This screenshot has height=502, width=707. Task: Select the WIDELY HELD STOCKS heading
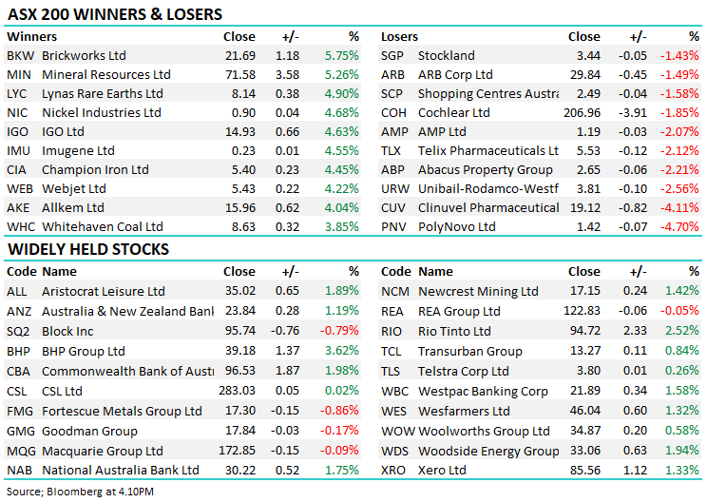[89, 249]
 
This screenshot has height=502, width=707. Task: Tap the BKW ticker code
[19, 55]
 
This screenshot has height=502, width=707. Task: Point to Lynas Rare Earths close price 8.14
[242, 93]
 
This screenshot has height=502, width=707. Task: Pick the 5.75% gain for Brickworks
[341, 55]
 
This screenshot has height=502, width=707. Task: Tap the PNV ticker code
[393, 226]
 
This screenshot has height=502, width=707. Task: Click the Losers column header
[399, 36]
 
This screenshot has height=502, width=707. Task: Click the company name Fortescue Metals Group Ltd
[122, 411]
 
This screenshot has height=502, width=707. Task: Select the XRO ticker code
[393, 470]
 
